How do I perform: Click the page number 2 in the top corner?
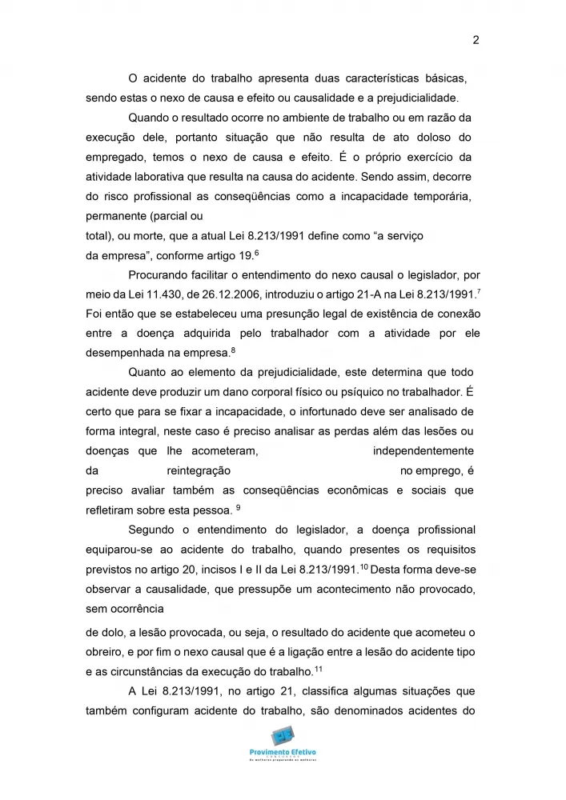476,40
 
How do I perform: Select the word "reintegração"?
199,471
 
